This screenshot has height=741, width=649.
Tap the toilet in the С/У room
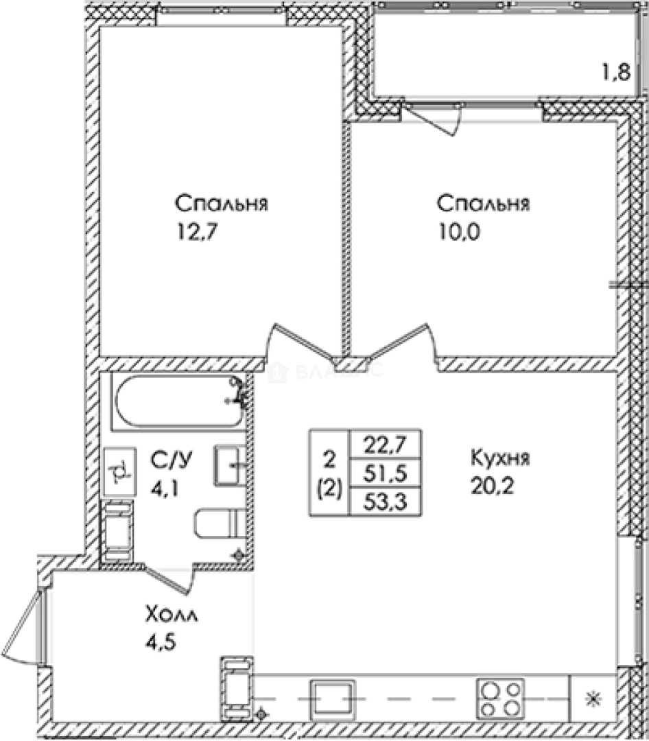[x=215, y=525]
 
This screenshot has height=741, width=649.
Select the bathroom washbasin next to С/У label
[x=230, y=466]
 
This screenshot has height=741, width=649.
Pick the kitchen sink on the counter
[x=333, y=698]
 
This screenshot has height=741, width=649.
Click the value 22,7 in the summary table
[x=386, y=444]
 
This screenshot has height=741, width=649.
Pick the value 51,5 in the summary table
[x=386, y=473]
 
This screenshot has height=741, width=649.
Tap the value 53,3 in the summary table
[x=386, y=502]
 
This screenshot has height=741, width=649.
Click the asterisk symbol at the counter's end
[x=591, y=699]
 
